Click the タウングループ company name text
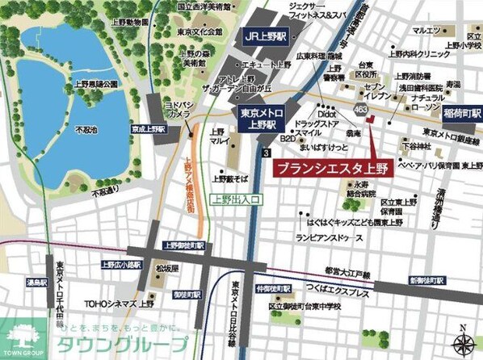coord(116,344)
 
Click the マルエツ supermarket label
coord(426,30)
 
